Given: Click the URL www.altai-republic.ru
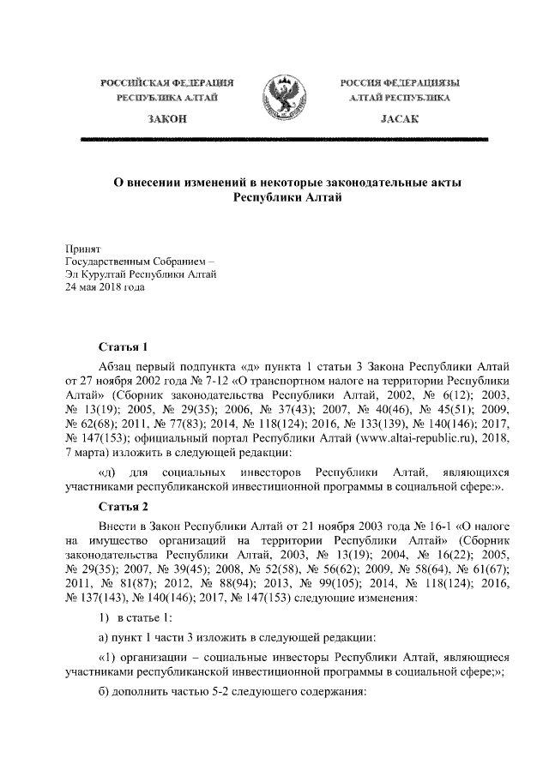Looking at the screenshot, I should point(375,437).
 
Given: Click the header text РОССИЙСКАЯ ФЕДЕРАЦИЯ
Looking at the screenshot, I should point(167,82).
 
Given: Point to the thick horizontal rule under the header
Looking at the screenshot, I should point(274,137).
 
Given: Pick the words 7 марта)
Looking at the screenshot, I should point(89,453).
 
